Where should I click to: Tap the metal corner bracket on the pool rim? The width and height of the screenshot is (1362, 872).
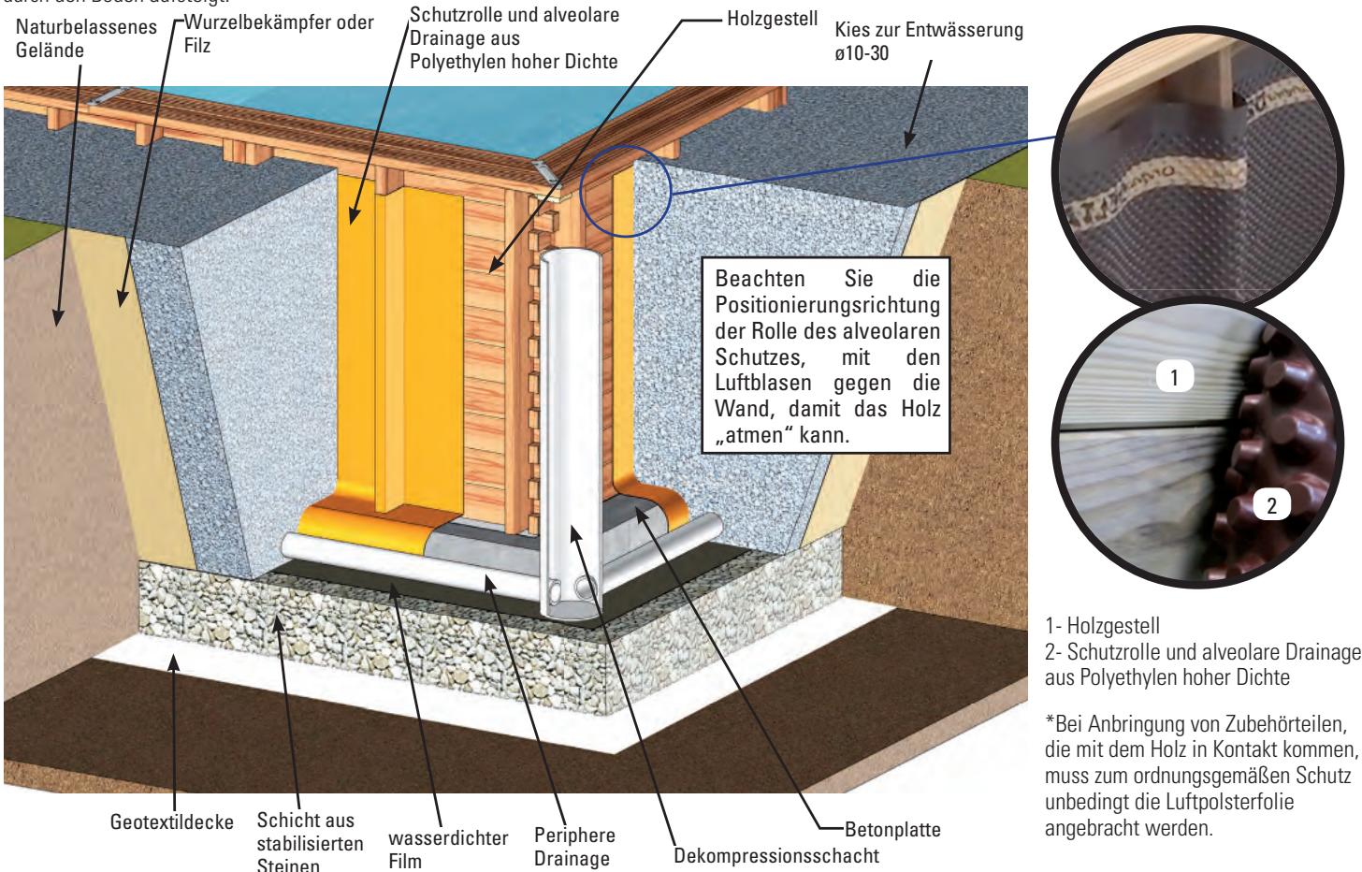(545, 168)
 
